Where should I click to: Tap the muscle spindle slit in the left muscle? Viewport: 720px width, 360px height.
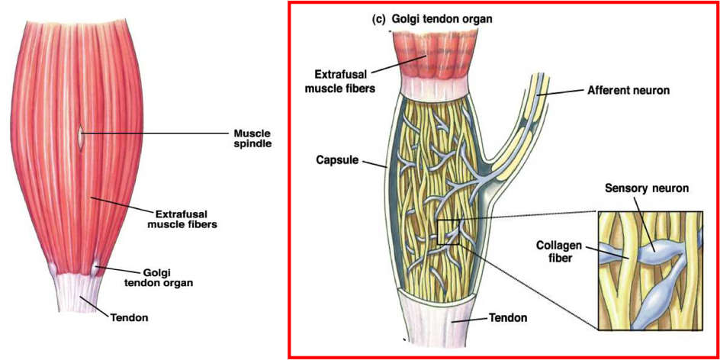point(81,137)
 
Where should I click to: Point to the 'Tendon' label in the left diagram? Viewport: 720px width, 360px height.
point(129,317)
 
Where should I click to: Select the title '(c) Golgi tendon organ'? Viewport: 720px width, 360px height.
point(432,19)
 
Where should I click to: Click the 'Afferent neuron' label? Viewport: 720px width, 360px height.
point(628,90)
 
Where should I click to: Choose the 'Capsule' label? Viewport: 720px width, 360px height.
point(336,161)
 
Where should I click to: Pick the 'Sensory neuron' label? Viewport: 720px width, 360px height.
point(647,188)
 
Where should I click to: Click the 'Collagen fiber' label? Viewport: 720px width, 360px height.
point(560,252)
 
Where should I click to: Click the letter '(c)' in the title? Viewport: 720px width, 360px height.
point(379,19)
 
